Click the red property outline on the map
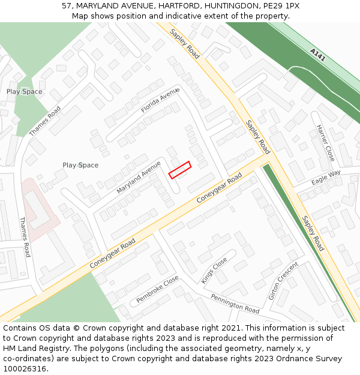(x=180, y=170)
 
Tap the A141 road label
(x=318, y=56)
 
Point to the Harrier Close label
(x=326, y=143)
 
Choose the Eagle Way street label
(x=326, y=178)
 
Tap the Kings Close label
(x=214, y=271)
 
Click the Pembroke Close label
(x=157, y=289)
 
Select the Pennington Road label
(x=235, y=304)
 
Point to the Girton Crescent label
(x=283, y=281)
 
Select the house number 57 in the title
(x=67, y=6)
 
